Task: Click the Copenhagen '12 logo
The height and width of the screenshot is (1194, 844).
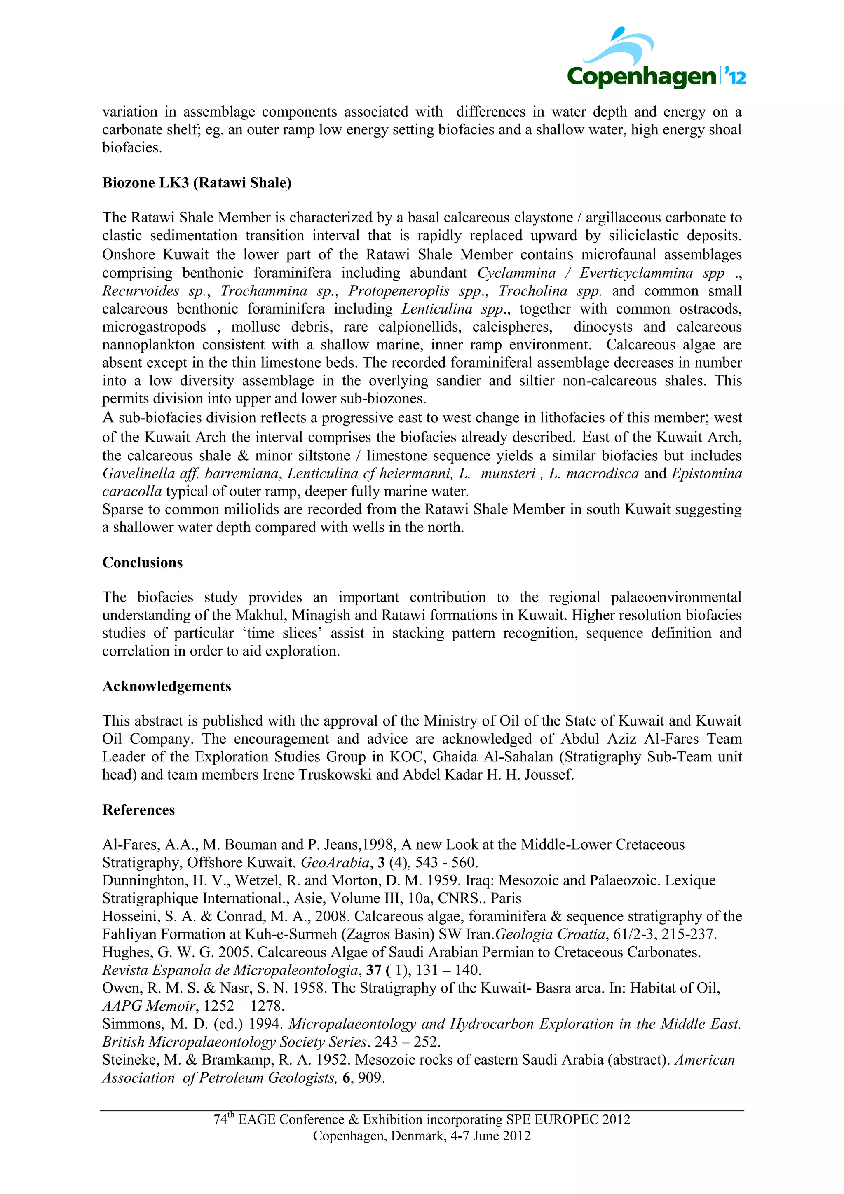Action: click(x=656, y=60)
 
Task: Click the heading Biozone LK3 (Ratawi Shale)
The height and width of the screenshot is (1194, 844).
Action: click(x=197, y=183)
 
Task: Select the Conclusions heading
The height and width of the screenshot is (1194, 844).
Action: click(x=143, y=563)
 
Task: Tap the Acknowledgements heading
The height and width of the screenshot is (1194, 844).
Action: click(x=166, y=686)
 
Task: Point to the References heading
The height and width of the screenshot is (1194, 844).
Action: click(x=138, y=810)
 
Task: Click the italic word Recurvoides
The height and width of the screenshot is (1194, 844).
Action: click(x=141, y=291)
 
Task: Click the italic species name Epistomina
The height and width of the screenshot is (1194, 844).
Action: click(x=706, y=474)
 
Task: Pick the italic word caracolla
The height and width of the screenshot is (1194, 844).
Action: click(x=131, y=492)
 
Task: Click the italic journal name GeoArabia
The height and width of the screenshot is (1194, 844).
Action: click(x=335, y=863)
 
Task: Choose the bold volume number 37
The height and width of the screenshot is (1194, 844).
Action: click(x=373, y=970)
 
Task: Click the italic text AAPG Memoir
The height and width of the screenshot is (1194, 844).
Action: click(x=149, y=1006)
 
